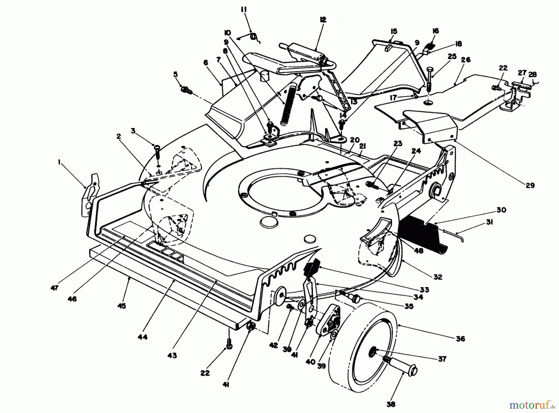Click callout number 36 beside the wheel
[x=460, y=339]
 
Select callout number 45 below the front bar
[x=122, y=306]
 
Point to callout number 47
[x=55, y=288]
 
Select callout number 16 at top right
[x=435, y=31]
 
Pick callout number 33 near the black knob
[x=424, y=290]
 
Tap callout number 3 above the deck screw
[x=133, y=131]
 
